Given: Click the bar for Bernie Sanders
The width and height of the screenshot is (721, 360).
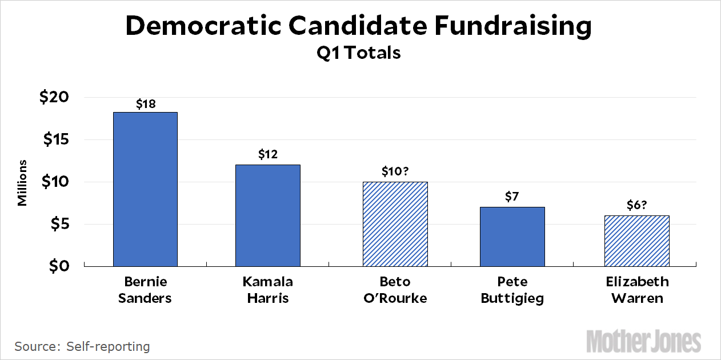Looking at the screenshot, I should click(145, 189).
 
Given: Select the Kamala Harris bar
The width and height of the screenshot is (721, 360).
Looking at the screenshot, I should click(268, 215).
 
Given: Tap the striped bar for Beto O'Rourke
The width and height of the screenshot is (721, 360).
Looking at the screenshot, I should click(395, 224).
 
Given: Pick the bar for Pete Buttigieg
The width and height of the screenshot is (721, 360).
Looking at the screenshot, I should click(512, 237).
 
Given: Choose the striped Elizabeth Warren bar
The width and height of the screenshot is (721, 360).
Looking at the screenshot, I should click(636, 241).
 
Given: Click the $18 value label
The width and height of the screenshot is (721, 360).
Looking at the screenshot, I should click(146, 104).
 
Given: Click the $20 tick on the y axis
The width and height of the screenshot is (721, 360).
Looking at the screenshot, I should click(54, 98).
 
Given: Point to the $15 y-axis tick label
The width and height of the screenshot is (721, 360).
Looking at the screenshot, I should click(54, 140).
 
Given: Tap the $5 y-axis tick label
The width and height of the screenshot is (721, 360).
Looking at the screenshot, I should click(61, 225).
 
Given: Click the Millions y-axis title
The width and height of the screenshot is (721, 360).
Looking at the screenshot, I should click(22, 182).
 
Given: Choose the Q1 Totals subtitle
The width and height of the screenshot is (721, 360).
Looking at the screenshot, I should click(359, 53).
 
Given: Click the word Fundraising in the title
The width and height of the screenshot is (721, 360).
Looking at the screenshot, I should click(498, 26).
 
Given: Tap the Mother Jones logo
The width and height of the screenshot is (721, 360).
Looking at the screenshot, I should click(644, 341).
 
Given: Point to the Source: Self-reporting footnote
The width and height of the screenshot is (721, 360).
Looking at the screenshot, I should click(82, 346).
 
